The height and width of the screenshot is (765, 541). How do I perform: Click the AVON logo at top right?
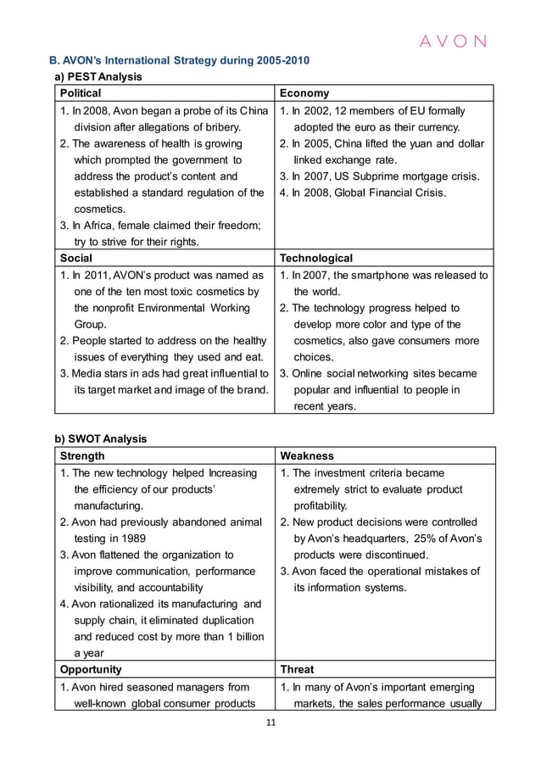tap(455, 41)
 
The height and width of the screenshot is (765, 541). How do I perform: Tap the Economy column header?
tap(304, 93)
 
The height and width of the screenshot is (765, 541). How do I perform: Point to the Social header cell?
tap(76, 258)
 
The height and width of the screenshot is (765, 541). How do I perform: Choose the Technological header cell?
tap(316, 258)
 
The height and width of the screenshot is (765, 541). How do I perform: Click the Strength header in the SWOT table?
tap(83, 455)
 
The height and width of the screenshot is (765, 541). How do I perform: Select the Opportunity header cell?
tap(90, 669)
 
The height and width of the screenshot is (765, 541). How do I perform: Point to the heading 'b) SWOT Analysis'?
tap(101, 439)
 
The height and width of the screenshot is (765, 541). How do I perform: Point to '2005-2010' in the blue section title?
tap(270, 60)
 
